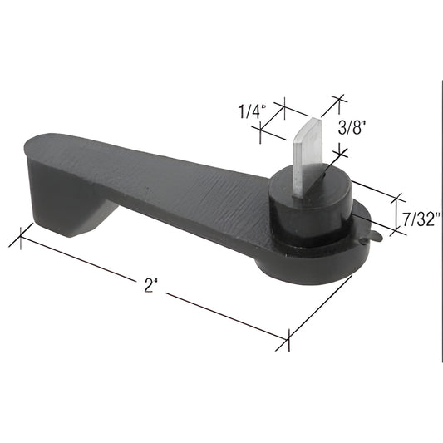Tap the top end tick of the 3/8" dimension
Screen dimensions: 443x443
(x=337, y=100)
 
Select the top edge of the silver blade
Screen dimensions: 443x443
(x=309, y=121)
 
